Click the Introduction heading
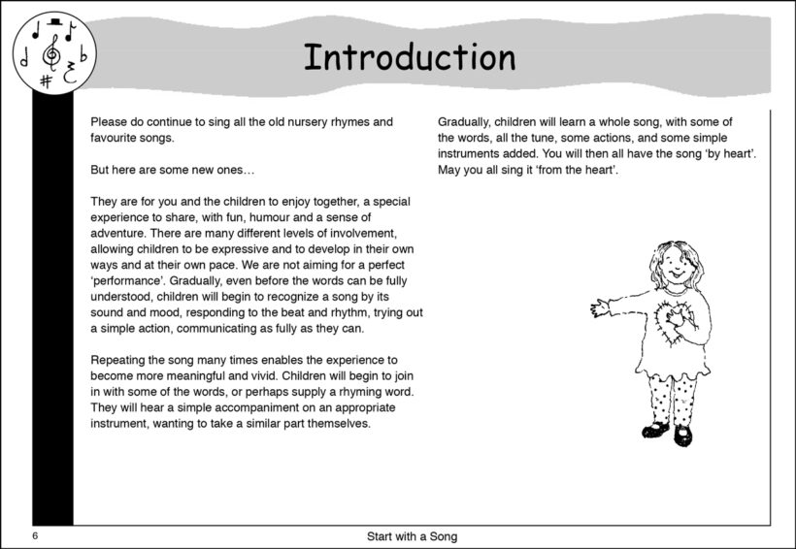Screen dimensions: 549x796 [409, 57]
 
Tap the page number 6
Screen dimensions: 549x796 [34, 536]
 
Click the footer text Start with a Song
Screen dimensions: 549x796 [412, 536]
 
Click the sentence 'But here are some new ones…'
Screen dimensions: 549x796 [173, 171]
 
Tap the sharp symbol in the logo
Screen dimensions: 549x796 [46, 80]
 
